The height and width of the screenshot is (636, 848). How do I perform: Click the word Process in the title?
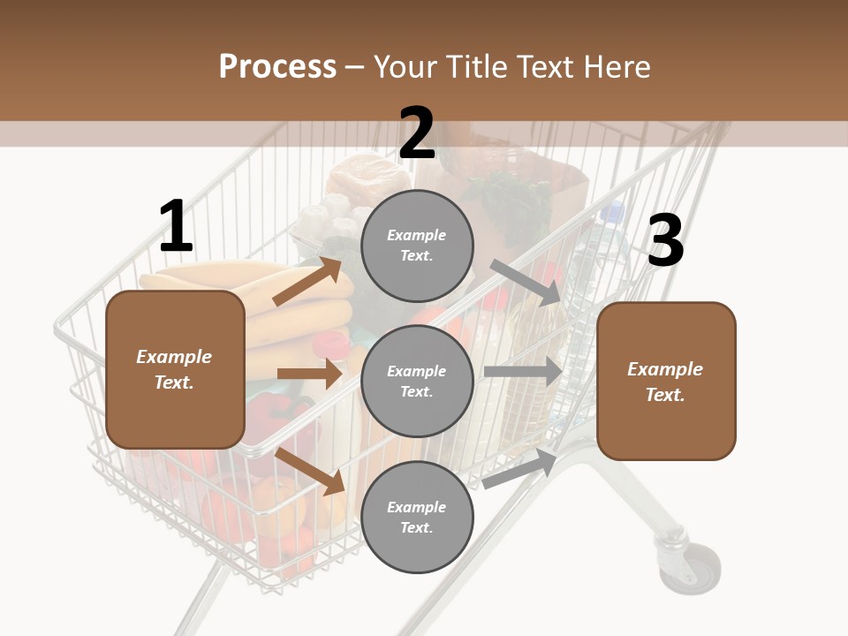pos(277,66)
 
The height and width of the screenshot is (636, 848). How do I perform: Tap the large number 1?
pos(176,227)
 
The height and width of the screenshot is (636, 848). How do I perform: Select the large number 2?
pos(417,133)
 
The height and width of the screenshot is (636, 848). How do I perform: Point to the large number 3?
pos(665,241)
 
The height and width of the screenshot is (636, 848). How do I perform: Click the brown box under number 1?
pos(175,369)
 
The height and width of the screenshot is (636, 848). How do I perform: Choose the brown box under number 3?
pos(666,382)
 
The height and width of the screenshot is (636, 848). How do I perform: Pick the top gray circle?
pos(417,246)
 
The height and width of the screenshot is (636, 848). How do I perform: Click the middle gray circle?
pos(417,382)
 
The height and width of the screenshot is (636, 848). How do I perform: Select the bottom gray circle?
pos(417,518)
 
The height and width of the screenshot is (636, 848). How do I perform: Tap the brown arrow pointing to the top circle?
pos(307,282)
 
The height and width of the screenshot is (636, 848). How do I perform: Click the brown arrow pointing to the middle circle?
pos(309,374)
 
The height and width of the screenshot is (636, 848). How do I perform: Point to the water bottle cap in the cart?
pos(610,212)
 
